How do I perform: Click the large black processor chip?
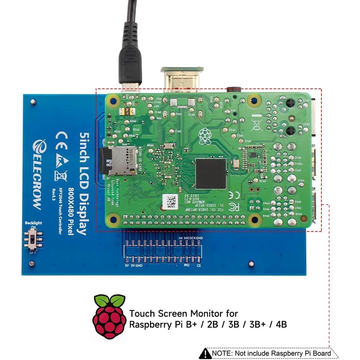[211, 174]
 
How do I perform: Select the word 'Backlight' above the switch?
[33, 223]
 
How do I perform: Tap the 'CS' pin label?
[198, 266]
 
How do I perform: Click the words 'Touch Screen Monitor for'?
[183, 313]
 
